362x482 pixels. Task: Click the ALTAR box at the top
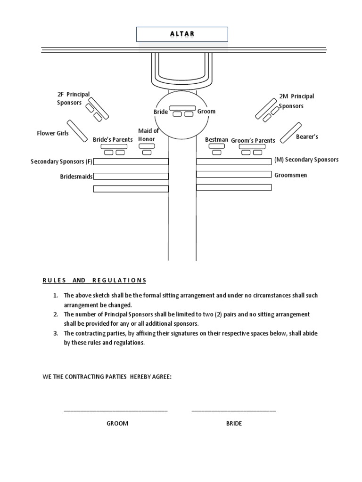[x=182, y=34]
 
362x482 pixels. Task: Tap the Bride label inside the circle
[x=161, y=112]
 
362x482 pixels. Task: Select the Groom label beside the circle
[x=206, y=111]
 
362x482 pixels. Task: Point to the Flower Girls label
[x=53, y=133]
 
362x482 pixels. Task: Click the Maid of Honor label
[x=148, y=135]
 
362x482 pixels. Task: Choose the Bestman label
[x=216, y=140]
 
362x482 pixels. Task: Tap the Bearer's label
[x=307, y=137]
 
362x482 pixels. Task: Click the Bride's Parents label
[x=113, y=139]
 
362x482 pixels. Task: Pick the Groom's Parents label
[x=253, y=140]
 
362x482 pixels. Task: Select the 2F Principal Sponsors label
[x=73, y=98]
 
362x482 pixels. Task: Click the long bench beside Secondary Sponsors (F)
[x=131, y=162]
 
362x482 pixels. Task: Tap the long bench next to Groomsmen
[x=234, y=174]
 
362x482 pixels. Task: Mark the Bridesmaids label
[x=76, y=177]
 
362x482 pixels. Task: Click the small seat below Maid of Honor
[x=147, y=153]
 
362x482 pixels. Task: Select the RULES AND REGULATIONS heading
[x=94, y=281]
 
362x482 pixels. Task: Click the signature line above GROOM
[x=115, y=411]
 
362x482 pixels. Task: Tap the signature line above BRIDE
[x=234, y=411]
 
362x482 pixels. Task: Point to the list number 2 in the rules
[x=55, y=314]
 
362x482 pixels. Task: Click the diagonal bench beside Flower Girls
[x=77, y=131]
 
